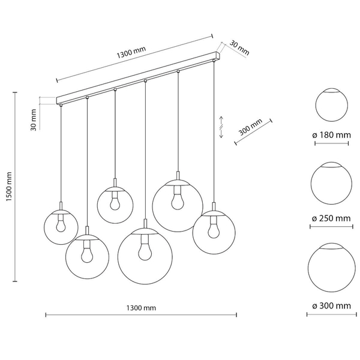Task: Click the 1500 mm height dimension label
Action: tap(9, 187)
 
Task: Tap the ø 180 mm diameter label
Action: tap(332, 135)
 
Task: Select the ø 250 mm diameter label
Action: tap(331, 218)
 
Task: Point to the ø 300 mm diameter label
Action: tap(332, 306)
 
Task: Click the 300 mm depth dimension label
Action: tap(250, 127)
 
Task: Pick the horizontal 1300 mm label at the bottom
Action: tap(141, 308)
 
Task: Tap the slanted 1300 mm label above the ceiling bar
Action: tap(131, 53)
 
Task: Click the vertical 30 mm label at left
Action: tap(34, 120)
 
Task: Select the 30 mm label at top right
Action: tap(239, 48)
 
